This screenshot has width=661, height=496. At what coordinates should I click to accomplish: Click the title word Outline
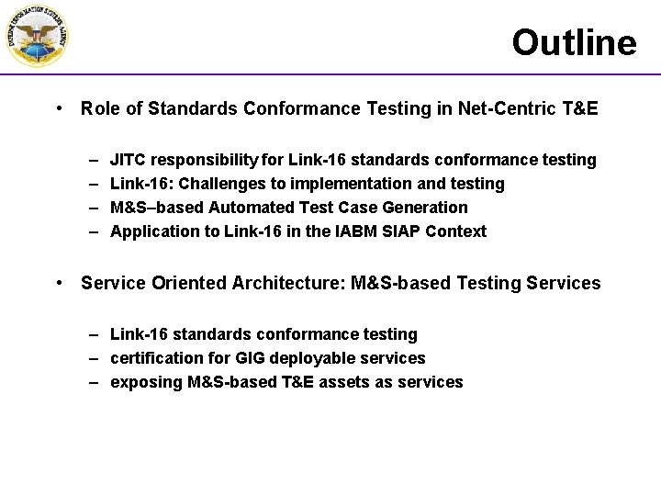pyautogui.click(x=574, y=42)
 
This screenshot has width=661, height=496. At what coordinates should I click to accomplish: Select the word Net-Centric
pyautogui.click(x=513, y=108)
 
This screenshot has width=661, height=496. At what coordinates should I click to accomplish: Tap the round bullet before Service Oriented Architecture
pyautogui.click(x=59, y=283)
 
